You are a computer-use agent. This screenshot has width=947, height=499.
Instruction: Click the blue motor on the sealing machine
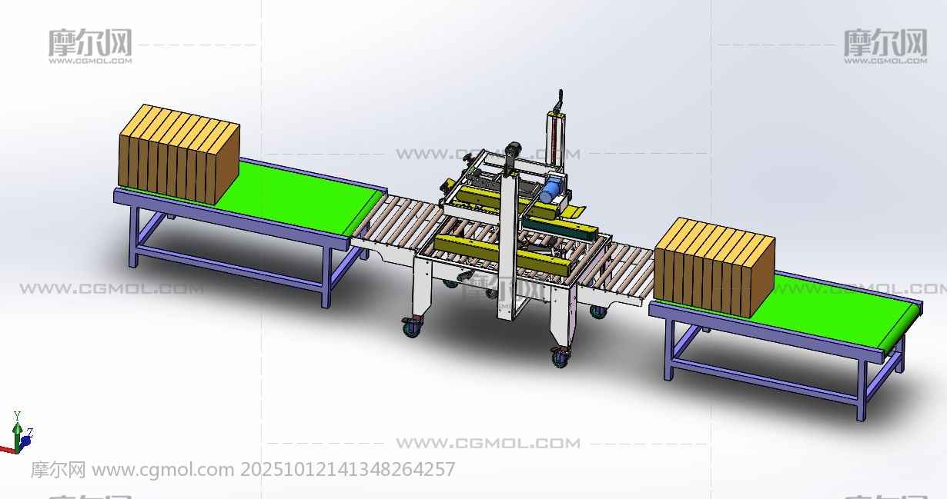point(550,191)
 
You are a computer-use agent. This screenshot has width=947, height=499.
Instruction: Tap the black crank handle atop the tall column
point(559,101)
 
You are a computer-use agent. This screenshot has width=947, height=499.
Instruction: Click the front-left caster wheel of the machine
point(412,328)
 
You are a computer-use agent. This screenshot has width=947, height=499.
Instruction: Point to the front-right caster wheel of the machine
point(561,356)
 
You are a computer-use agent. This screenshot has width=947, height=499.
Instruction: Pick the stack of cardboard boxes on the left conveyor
point(179,155)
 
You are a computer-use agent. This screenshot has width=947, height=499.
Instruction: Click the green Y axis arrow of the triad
point(17,435)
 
